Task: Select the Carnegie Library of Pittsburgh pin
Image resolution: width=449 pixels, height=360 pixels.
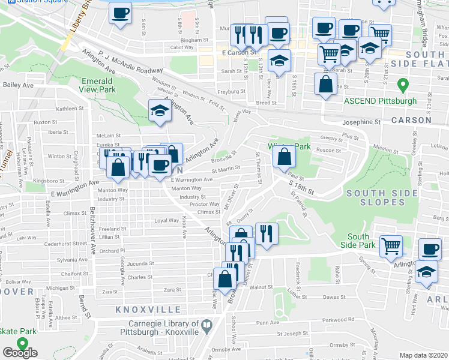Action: [x=208, y=326]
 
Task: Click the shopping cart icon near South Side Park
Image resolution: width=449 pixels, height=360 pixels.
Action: [x=391, y=246]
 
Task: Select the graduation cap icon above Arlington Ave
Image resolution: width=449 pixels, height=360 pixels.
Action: [x=159, y=110]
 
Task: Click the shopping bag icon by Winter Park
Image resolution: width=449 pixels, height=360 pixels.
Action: [x=284, y=157]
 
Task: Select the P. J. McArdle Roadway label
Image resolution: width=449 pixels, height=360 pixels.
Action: [x=124, y=63]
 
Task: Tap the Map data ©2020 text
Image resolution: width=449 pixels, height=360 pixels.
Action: [x=424, y=355]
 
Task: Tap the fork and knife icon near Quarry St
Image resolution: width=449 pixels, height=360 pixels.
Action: [x=267, y=232]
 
